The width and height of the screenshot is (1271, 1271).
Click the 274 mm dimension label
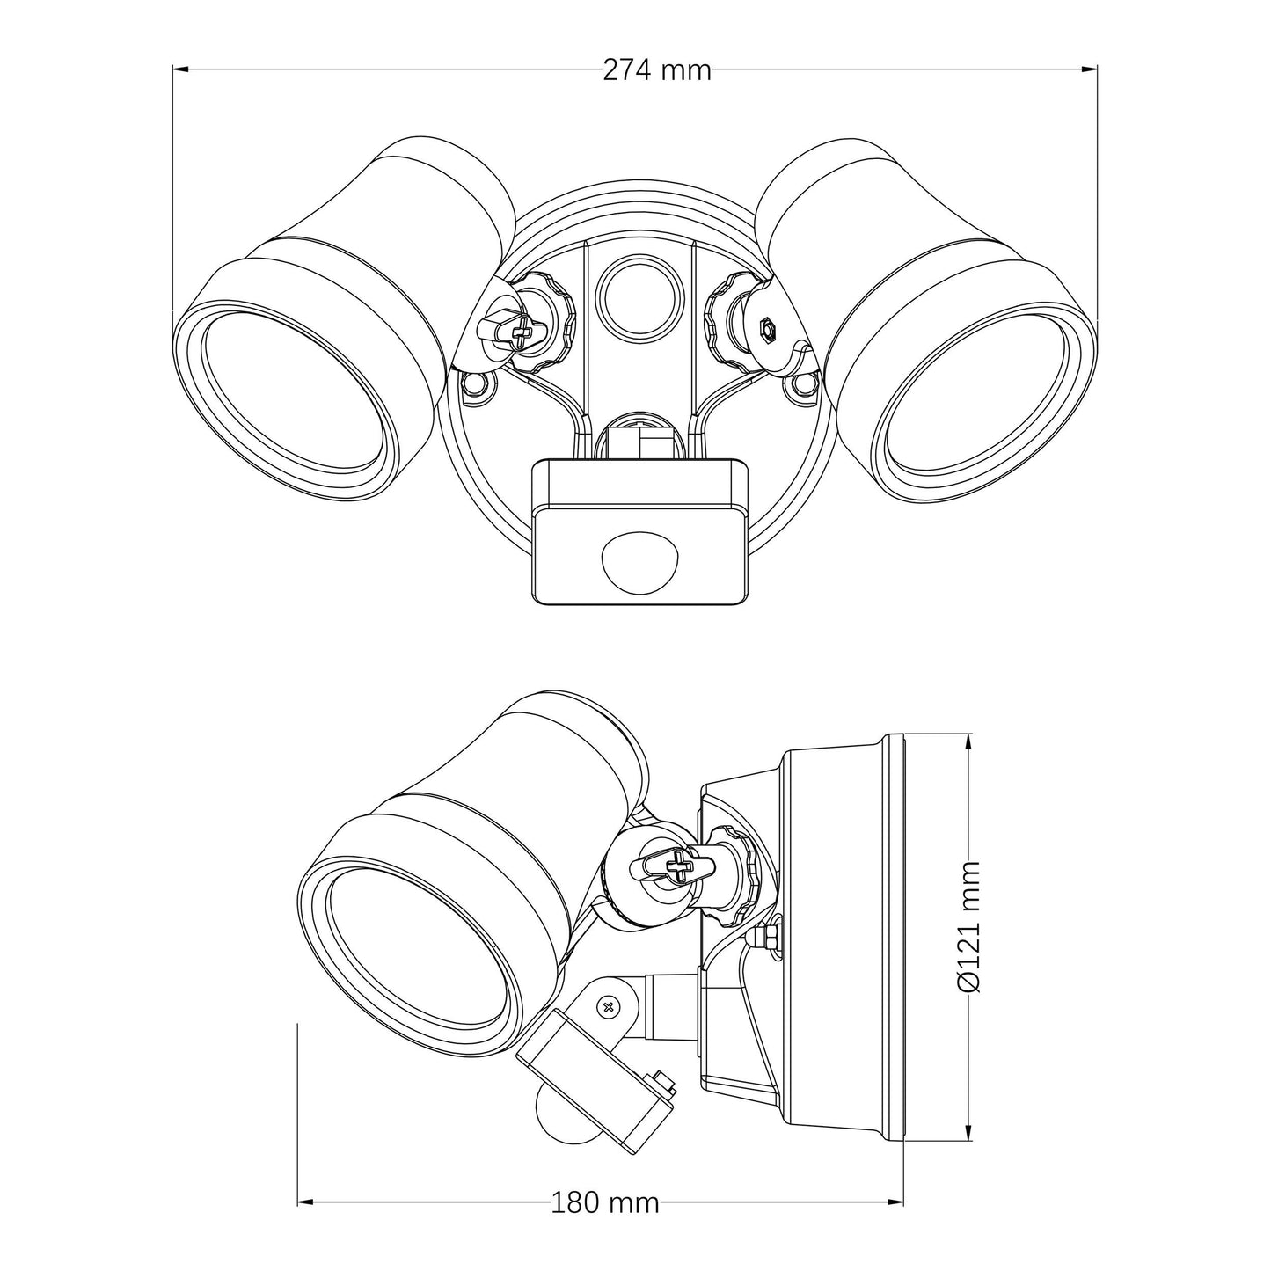coord(656,70)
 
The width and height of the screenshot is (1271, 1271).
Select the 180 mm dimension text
coord(605,1202)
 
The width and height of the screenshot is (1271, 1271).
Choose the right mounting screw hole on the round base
coord(802,384)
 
